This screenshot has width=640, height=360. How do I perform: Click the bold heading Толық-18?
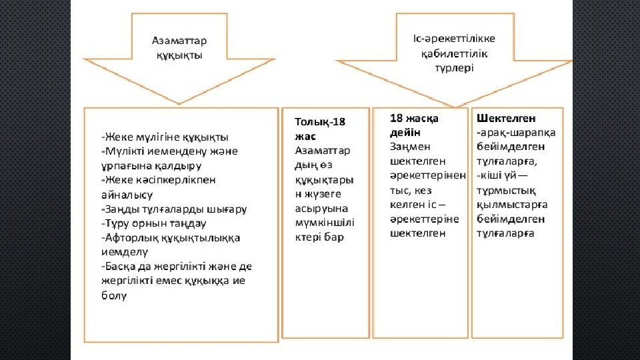(x=320, y=122)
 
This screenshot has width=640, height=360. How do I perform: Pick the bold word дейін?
(x=405, y=133)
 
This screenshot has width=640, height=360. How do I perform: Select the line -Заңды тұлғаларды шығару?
(x=174, y=209)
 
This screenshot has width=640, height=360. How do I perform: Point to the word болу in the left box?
(x=113, y=295)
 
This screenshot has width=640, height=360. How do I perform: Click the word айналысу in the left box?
(x=127, y=195)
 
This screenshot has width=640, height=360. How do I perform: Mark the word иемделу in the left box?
(x=124, y=252)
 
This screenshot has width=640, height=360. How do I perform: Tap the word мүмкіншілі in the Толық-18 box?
(x=325, y=223)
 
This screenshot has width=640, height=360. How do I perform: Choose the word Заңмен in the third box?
(x=408, y=147)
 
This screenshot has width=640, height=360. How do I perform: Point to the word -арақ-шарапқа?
(x=516, y=132)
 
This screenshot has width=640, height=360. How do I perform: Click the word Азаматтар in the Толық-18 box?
(x=322, y=150)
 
